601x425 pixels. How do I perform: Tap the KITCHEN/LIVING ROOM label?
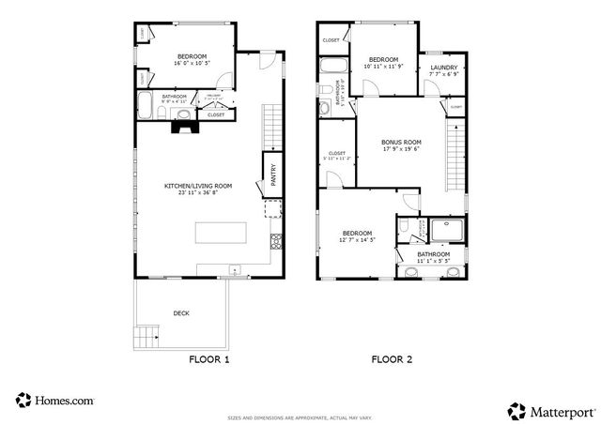[x=198, y=186]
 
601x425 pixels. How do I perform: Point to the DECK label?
[x=181, y=313]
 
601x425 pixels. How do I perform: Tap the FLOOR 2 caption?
[x=391, y=359]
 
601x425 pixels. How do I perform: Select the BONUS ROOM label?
[x=400, y=144]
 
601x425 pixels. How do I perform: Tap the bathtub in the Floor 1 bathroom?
[x=146, y=105]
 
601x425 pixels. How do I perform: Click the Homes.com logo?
[x=54, y=400]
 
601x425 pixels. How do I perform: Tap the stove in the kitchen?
[x=276, y=241]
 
